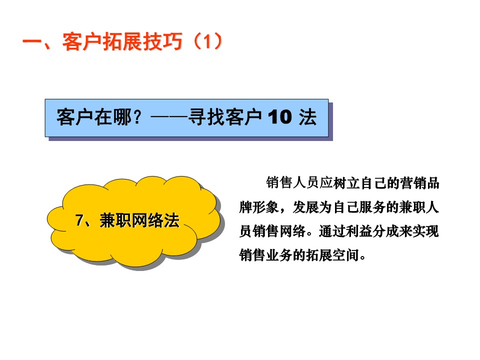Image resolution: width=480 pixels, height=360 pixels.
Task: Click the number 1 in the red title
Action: (x=207, y=41)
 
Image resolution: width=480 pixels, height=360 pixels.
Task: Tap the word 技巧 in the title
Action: (x=162, y=41)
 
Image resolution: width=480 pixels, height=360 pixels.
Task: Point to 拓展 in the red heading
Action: (x=122, y=41)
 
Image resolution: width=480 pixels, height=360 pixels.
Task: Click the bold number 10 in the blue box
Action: (x=280, y=117)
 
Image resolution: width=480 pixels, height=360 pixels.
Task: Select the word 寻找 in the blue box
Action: (x=207, y=117)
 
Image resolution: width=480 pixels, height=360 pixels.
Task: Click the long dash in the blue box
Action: (x=169, y=117)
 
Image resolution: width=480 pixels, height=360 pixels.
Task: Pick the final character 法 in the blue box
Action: (x=307, y=117)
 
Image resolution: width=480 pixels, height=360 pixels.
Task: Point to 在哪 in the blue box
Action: (x=113, y=117)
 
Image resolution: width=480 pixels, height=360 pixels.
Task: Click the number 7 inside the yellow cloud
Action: (x=79, y=220)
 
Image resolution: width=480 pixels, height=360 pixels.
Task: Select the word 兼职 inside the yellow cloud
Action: (x=115, y=220)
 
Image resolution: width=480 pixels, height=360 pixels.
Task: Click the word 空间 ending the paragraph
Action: (x=345, y=255)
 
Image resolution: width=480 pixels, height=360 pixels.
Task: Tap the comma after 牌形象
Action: (x=283, y=210)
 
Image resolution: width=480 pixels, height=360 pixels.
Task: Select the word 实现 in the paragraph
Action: (x=426, y=231)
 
